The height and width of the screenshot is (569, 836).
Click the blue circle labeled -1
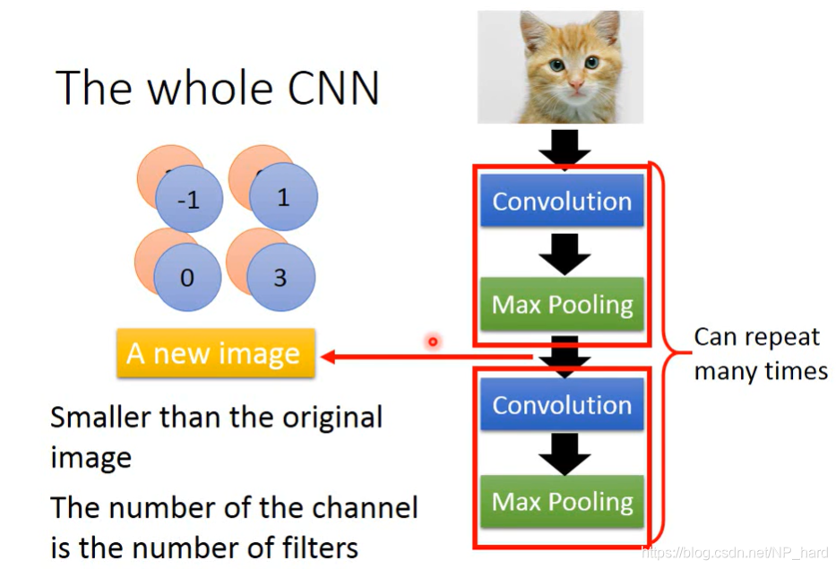click(188, 200)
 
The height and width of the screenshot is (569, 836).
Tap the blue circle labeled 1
click(283, 197)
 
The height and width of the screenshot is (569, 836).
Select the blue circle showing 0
click(186, 278)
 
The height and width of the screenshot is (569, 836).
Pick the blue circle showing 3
click(280, 278)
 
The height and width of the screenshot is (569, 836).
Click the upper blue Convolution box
click(562, 201)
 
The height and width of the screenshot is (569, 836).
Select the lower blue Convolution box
click(562, 405)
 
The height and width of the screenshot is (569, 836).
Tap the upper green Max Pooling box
click(562, 305)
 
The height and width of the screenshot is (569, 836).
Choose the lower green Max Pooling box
click(562, 502)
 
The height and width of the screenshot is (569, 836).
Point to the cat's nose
click(573, 84)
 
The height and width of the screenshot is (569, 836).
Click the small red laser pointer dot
click(433, 341)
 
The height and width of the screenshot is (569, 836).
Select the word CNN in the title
click(331, 88)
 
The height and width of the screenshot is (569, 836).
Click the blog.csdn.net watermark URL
click(735, 552)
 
